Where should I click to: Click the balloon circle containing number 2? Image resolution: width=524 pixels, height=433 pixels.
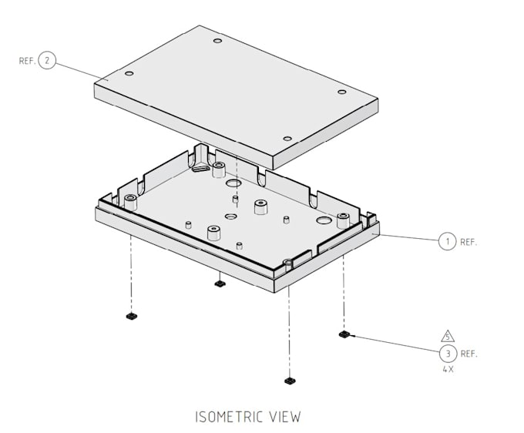coord(47,59)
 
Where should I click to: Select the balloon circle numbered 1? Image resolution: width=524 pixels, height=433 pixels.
coord(448,241)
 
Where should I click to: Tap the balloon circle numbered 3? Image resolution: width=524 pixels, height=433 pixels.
coord(448,354)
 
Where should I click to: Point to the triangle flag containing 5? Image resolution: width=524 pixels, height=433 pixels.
coord(448,337)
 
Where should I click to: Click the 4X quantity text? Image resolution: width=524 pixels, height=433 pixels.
coord(448,369)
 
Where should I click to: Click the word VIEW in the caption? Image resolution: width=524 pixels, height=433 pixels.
coord(283,417)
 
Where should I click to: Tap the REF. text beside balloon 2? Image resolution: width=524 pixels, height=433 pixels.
coord(26,60)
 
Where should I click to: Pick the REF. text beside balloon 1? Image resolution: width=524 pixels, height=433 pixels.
coord(469,242)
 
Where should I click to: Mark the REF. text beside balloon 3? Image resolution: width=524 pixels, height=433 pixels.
coord(469,354)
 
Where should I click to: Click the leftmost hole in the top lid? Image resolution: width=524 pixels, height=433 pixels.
coord(129,74)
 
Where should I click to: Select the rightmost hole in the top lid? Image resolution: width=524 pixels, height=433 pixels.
coord(342,92)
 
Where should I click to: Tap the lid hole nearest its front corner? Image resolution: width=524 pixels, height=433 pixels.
coord(287,139)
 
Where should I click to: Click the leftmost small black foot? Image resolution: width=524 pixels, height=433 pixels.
coord(130,317)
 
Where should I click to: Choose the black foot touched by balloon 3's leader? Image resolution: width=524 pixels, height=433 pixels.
coord(344,334)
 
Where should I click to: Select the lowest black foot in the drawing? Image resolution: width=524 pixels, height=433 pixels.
coord(289,380)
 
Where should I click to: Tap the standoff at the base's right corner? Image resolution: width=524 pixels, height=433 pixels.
coord(343,220)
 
